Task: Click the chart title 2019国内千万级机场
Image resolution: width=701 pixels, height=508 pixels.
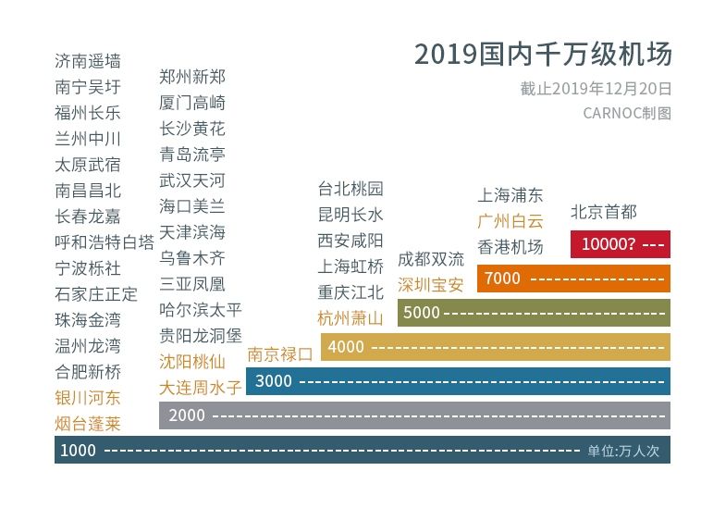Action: pyautogui.click(x=543, y=55)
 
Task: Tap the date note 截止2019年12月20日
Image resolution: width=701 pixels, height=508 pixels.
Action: pyautogui.click(x=596, y=90)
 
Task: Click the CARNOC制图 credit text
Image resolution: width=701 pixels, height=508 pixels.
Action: pyautogui.click(x=627, y=113)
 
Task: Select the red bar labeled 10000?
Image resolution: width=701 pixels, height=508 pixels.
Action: pyautogui.click(x=621, y=244)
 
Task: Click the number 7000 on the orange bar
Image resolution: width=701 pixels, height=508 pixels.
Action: pyautogui.click(x=502, y=278)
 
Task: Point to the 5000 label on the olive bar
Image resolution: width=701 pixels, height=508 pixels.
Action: pyautogui.click(x=421, y=312)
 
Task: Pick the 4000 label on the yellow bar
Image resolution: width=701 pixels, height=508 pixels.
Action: pyautogui.click(x=346, y=346)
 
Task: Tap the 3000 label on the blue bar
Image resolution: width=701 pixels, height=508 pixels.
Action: pyautogui.click(x=273, y=380)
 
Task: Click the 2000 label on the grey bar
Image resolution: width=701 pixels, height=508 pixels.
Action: pyautogui.click(x=187, y=415)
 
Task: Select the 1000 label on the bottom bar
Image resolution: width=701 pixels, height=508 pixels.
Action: pyautogui.click(x=78, y=450)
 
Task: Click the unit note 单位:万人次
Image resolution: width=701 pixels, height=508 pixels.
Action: pyautogui.click(x=623, y=451)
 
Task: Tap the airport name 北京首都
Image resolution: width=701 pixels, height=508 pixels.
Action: pyautogui.click(x=604, y=211)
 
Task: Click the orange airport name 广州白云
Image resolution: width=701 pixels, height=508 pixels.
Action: pyautogui.click(x=510, y=221)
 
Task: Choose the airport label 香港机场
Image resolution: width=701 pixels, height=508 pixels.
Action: pyautogui.click(x=510, y=247)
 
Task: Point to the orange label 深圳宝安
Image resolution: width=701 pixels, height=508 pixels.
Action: pyautogui.click(x=430, y=284)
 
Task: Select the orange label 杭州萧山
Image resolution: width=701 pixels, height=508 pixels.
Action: pyautogui.click(x=350, y=318)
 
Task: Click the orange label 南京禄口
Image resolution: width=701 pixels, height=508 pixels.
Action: pyautogui.click(x=279, y=353)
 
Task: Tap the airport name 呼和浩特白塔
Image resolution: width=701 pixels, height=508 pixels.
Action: pyautogui.click(x=105, y=242)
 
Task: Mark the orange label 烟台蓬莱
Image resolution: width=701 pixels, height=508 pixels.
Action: pyautogui.click(x=88, y=424)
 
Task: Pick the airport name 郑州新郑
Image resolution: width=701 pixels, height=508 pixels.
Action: pyautogui.click(x=192, y=76)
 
